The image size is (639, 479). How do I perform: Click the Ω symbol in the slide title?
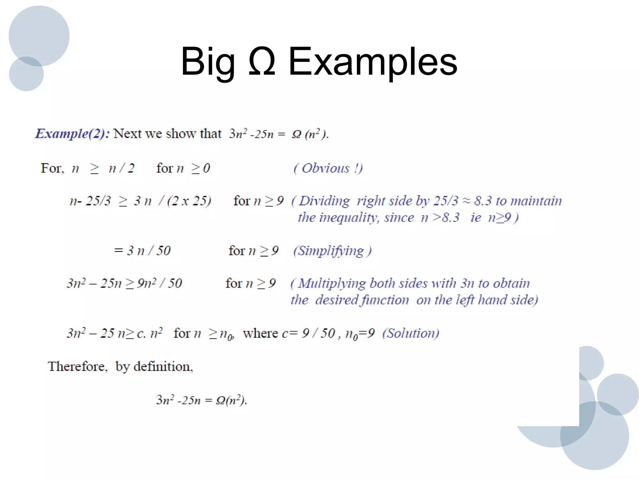point(262,61)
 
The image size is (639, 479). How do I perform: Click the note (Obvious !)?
point(328,168)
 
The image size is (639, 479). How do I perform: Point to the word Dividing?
point(324,201)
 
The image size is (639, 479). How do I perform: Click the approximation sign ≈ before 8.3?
point(466,201)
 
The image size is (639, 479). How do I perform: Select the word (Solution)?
point(411,333)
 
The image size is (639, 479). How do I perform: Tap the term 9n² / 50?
point(159,283)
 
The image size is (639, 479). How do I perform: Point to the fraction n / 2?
point(121,168)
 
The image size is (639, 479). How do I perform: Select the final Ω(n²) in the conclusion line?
point(231,400)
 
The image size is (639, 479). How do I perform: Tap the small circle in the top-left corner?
point(26,74)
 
